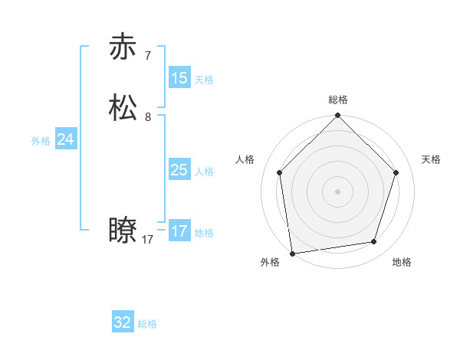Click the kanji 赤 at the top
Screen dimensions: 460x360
click(x=123, y=47)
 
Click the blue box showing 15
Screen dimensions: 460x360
click(x=179, y=78)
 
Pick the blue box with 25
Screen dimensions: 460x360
click(x=179, y=170)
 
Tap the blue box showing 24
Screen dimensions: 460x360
click(x=66, y=139)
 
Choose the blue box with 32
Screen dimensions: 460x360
click(x=123, y=322)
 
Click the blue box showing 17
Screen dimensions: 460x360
click(x=179, y=231)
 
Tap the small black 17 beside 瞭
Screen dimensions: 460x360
click(x=147, y=240)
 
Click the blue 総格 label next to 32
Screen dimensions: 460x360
click(x=147, y=324)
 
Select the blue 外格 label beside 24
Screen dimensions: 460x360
click(x=41, y=141)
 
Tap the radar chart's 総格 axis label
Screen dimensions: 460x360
click(x=338, y=100)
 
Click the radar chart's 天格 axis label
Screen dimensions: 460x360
click(x=431, y=159)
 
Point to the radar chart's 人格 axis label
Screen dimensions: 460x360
click(x=245, y=159)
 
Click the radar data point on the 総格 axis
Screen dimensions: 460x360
click(x=338, y=116)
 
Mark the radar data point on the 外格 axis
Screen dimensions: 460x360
click(x=292, y=253)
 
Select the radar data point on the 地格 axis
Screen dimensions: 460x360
click(x=374, y=241)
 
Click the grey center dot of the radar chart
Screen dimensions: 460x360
click(x=338, y=191)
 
